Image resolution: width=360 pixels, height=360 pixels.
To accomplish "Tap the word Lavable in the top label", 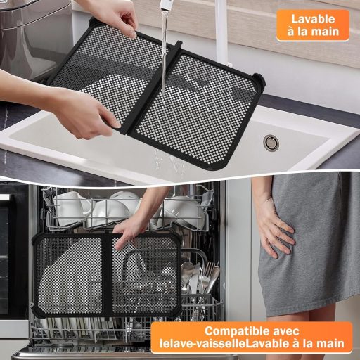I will [313, 19].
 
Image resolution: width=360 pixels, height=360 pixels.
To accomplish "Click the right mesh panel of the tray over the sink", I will [200, 98].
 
